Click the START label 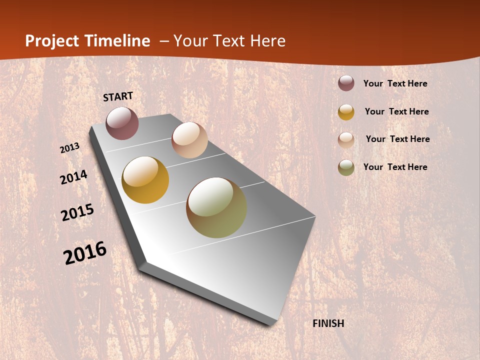tap(118, 96)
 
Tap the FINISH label tap(328, 323)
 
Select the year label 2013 tap(70, 148)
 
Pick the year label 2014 tap(73, 177)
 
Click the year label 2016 tap(85, 253)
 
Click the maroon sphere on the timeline tap(122, 123)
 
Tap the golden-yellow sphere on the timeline tap(145, 180)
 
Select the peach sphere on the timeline tap(189, 140)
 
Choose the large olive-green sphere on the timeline tap(216, 207)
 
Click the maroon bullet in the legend tap(346, 83)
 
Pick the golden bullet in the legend tap(346, 112)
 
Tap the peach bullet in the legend tap(346, 140)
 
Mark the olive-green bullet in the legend tap(346, 167)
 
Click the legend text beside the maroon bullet tap(395, 84)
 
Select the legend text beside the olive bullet tap(395, 167)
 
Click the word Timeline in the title tap(117, 41)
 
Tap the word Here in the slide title tap(267, 41)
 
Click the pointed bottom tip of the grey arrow tap(272, 324)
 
